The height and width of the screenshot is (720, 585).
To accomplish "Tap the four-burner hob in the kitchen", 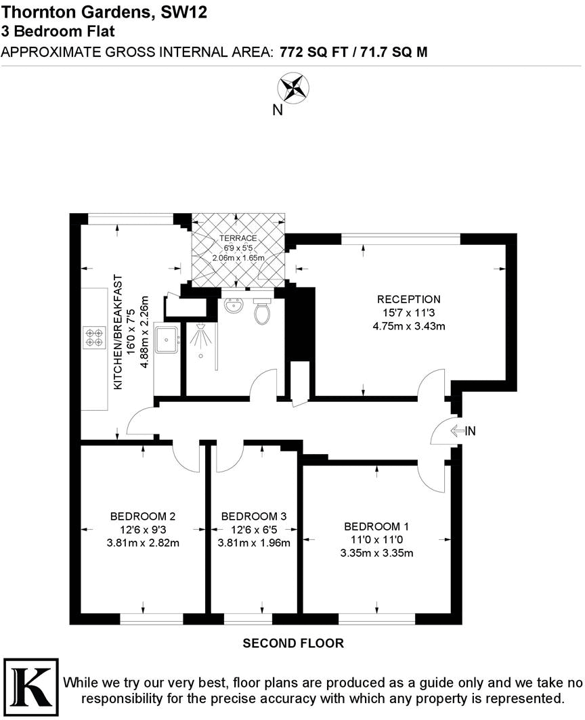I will (93, 336).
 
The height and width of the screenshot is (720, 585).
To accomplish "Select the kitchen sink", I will (166, 339).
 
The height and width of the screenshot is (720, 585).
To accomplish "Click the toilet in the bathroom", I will (261, 312).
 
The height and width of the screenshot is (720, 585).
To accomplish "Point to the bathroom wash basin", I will (234, 306).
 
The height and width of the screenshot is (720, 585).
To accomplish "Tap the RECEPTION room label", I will (409, 299).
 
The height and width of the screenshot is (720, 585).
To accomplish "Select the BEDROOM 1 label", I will (376, 526).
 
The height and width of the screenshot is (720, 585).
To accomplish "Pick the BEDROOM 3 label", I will (254, 516).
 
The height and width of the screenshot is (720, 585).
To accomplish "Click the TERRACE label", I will (237, 238).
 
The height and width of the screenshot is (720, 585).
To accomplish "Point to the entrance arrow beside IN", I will (456, 430).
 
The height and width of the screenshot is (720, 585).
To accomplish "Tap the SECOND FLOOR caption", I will (293, 643).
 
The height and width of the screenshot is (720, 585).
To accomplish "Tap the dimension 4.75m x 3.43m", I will (409, 326).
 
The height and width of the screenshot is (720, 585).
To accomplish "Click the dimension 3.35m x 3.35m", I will (376, 553).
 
